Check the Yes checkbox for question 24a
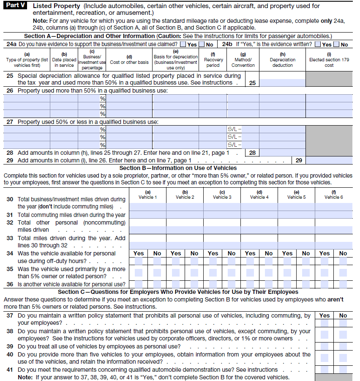[x=183, y=44]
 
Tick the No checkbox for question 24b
[x=336, y=44]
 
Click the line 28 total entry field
[x=282, y=153]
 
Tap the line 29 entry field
[x=329, y=160]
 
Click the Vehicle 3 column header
[x=222, y=195]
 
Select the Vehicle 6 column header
[x=333, y=195]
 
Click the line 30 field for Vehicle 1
[x=147, y=207]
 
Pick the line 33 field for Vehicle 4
[x=259, y=245]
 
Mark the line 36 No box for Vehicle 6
[x=343, y=284]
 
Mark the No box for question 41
[x=343, y=369]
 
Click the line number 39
[x=10, y=346]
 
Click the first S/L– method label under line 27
[x=235, y=129]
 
